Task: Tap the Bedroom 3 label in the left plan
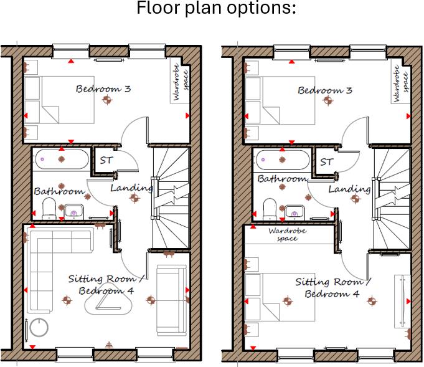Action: pos(103,88)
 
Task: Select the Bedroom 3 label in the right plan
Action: pos(324,90)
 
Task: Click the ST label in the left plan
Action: pos(106,160)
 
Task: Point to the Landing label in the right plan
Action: pos(349,189)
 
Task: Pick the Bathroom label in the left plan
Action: pos(59,191)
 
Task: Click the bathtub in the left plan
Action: pos(60,159)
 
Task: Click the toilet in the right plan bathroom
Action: pos(270,209)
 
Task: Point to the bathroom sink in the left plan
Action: pos(74,211)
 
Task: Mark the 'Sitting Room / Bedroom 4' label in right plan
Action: pos(332,288)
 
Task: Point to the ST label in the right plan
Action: pos(326,162)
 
